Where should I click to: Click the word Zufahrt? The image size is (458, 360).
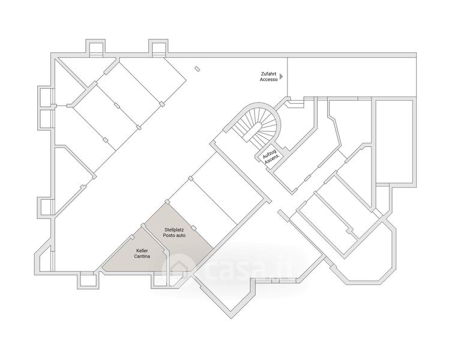269,74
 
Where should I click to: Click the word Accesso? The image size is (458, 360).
269,79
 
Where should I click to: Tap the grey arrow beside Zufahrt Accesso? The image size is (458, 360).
282,76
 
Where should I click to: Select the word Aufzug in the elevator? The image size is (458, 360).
268,153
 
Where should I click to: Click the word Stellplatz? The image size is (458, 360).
174,230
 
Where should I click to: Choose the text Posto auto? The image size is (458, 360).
174,235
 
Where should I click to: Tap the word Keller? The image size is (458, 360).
142,251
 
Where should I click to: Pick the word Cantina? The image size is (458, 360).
142,256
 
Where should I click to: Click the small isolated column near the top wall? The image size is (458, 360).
197,69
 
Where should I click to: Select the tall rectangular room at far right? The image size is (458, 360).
394,142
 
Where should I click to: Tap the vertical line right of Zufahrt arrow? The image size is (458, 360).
288,77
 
